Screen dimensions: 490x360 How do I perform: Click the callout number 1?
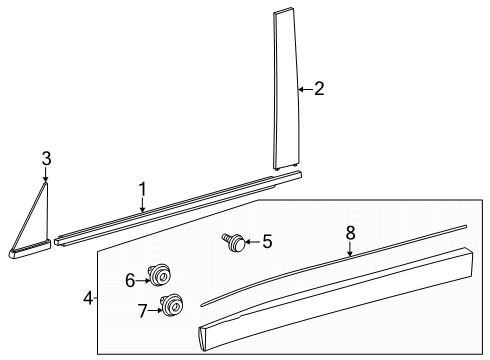(142, 188)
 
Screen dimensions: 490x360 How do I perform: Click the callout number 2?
(319, 89)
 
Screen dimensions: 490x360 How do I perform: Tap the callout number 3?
(45, 157)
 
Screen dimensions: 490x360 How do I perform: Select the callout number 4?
(89, 297)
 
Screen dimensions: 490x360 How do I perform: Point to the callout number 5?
(266, 241)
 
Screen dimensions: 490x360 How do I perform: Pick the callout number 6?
(130, 281)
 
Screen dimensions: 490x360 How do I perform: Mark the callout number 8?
(350, 233)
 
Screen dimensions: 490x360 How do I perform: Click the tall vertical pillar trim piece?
(286, 90)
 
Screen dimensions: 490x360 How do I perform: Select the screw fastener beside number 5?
(234, 241)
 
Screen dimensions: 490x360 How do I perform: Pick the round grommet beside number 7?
(173, 304)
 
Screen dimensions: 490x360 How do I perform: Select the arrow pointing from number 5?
(252, 241)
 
